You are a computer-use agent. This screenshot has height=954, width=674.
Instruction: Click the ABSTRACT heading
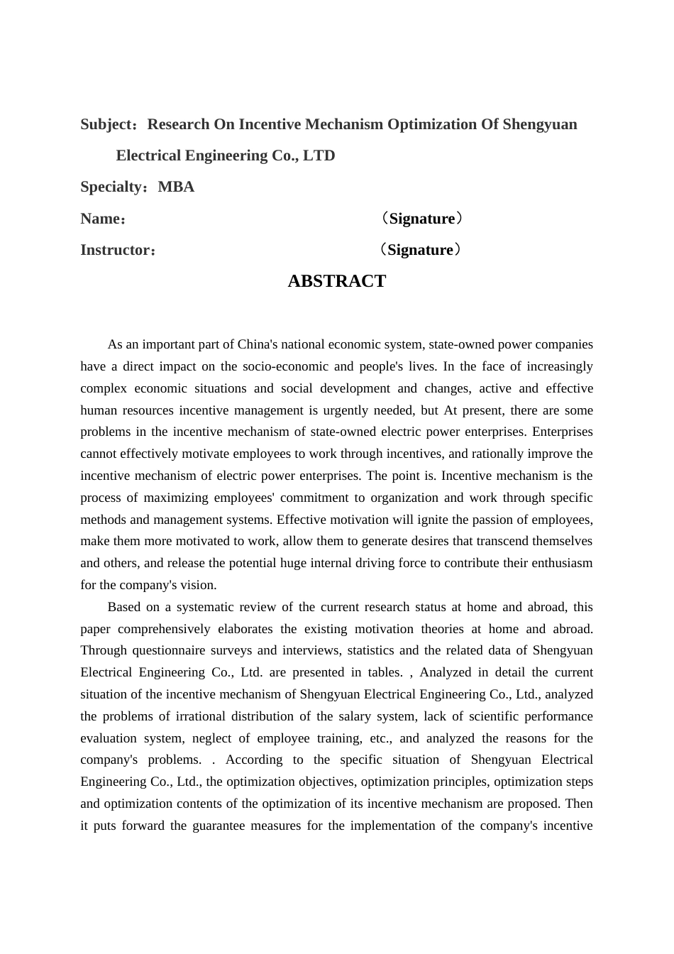click(x=336, y=281)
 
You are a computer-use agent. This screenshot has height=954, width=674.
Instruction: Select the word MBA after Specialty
click(x=176, y=187)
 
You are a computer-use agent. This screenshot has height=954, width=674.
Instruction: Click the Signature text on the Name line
click(x=422, y=219)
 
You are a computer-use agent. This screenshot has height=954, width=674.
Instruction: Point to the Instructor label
click(x=115, y=250)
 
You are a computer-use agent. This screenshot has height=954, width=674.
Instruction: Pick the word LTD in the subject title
click(x=319, y=156)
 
